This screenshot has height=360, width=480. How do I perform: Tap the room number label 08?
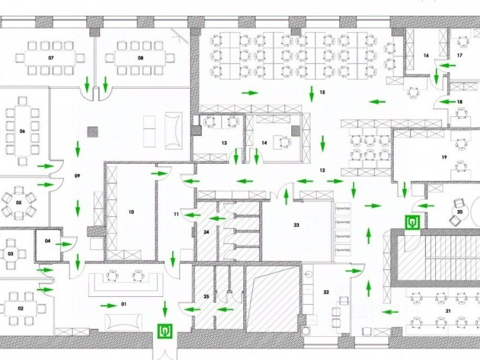click(141, 58)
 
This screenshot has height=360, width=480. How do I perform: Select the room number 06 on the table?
click(22, 131)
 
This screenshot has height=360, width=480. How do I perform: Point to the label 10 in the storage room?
click(131, 211)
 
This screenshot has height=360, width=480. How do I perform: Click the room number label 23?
click(296, 225)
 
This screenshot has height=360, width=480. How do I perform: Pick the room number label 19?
click(444, 157)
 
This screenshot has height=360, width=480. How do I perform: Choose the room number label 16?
click(426, 56)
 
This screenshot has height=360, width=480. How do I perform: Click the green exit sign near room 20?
click(412, 222)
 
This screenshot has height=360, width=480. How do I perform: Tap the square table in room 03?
click(10, 252)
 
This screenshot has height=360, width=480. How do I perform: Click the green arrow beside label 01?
click(108, 305)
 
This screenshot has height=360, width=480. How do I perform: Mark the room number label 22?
click(326, 292)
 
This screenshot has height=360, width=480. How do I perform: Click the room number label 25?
click(206, 297)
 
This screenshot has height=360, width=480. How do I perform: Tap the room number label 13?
click(224, 143)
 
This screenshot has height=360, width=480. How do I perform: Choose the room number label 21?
click(448, 311)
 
